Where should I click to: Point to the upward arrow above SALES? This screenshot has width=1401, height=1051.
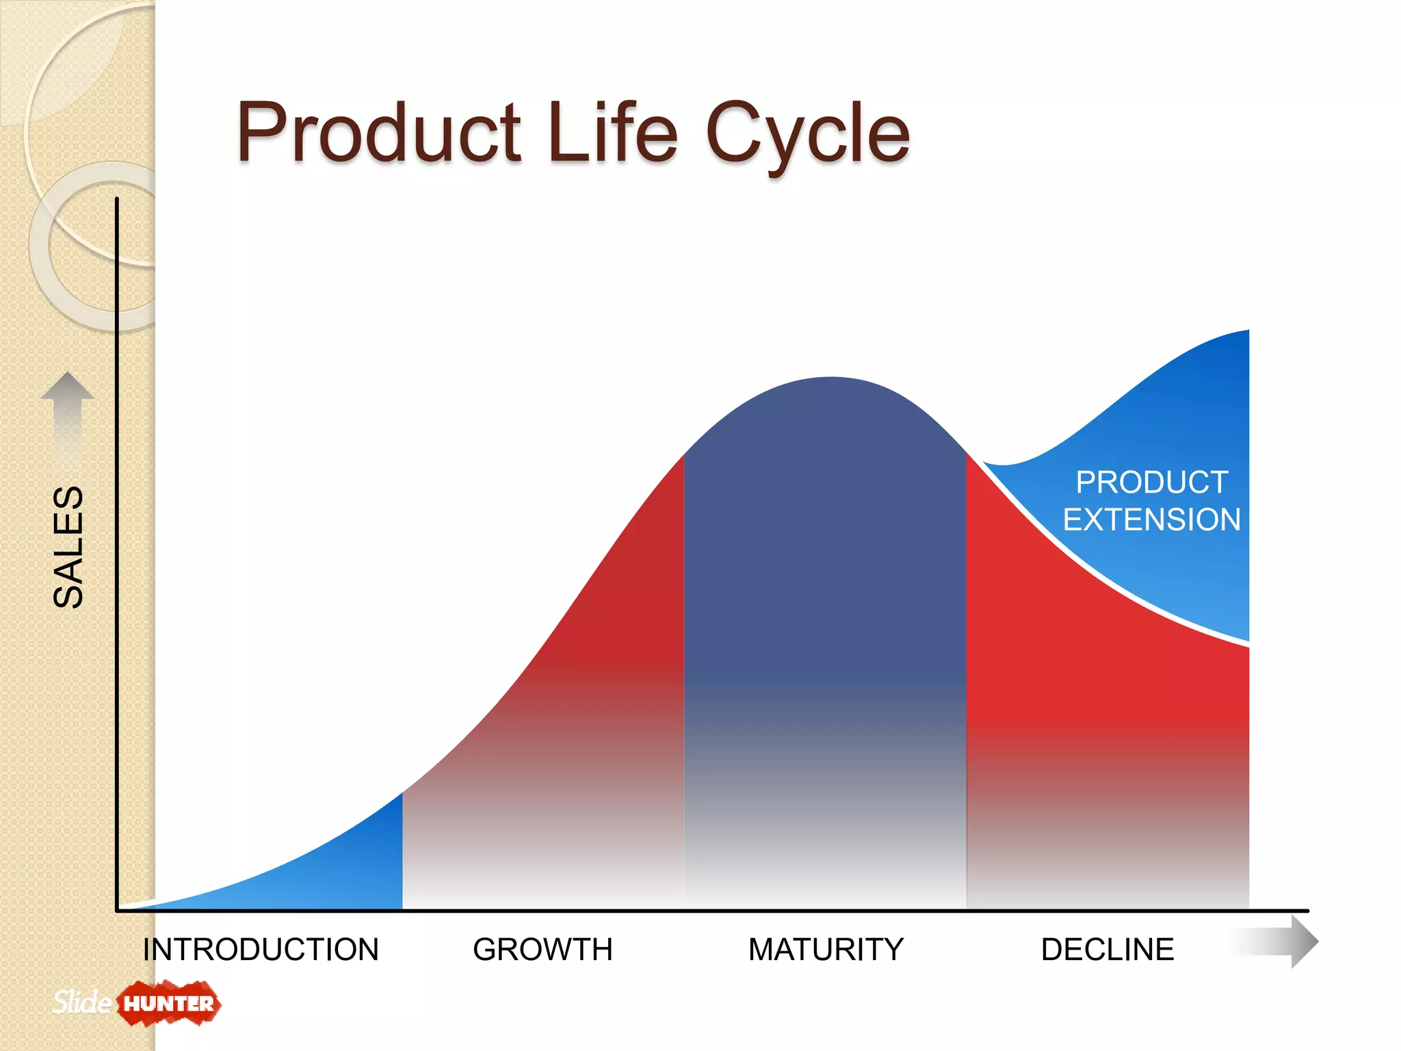tap(67, 411)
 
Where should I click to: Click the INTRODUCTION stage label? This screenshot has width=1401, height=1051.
tap(261, 950)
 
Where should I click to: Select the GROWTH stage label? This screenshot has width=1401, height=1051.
tap(542, 950)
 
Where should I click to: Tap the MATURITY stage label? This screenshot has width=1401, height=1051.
tap(826, 950)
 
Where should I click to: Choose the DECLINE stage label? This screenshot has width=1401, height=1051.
tap(1107, 950)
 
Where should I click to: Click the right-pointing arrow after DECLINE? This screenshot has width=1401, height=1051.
tap(1279, 942)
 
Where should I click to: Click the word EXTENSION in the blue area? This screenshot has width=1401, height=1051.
tap(1151, 519)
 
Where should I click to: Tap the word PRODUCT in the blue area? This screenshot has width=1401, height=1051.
tap(1151, 482)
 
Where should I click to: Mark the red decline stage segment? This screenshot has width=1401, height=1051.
tap(1095, 684)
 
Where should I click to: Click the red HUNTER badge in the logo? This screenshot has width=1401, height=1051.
tap(168, 1004)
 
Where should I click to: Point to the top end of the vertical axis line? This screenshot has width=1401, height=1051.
tap(117, 200)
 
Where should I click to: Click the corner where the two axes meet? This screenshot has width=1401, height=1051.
tap(118, 910)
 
